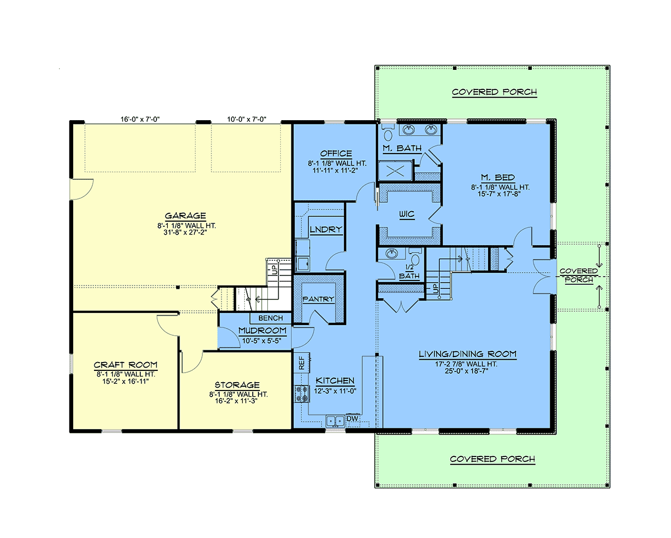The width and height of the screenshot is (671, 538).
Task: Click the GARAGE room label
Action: [x=185, y=216]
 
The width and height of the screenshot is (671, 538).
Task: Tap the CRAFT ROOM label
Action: [x=126, y=365]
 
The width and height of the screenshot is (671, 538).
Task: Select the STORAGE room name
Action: [x=237, y=385]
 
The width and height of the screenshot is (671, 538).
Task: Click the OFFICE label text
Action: [x=336, y=153]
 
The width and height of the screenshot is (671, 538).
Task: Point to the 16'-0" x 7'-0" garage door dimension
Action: [x=140, y=119]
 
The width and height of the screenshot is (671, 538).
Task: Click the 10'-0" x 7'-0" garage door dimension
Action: [x=247, y=119]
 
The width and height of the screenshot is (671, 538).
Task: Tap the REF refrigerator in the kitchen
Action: [x=302, y=363]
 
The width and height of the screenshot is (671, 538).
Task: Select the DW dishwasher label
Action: [x=352, y=418]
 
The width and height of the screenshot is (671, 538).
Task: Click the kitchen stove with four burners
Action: [x=302, y=394]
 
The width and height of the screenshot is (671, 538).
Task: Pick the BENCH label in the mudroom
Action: [x=271, y=318]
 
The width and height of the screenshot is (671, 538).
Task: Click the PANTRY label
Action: [x=318, y=299]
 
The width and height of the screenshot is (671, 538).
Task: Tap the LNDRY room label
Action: [x=326, y=229]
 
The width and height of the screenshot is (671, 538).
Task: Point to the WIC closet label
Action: [x=407, y=214]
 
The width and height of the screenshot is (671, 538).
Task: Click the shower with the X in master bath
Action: [x=395, y=171]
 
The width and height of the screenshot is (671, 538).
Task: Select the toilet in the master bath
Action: [x=388, y=133]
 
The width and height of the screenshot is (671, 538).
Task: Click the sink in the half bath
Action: [x=391, y=254]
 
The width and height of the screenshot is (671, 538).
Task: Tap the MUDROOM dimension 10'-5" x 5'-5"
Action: [x=262, y=340]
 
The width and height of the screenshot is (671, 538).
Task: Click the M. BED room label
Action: [x=498, y=177]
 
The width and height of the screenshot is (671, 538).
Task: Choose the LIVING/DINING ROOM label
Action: [x=467, y=354]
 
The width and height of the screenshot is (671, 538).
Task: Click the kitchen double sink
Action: [x=335, y=421]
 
